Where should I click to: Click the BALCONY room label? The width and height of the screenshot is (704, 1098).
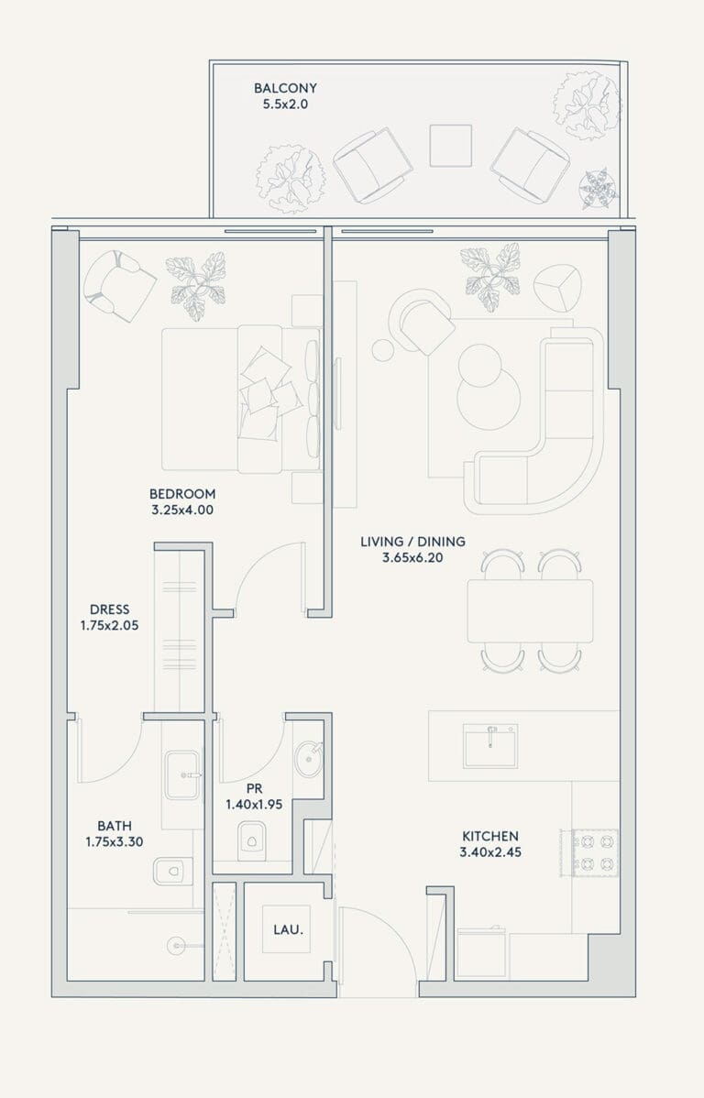(285, 88)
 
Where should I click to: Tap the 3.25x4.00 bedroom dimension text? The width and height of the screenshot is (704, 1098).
(182, 510)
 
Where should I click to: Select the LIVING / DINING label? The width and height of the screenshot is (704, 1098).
(412, 542)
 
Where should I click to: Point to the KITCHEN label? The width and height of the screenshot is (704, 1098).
(490, 835)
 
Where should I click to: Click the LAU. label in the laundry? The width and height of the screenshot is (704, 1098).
(288, 930)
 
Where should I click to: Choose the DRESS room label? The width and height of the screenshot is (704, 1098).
(109, 609)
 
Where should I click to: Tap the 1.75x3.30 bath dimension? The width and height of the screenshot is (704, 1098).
(115, 841)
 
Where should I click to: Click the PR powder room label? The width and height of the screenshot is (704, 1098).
(254, 788)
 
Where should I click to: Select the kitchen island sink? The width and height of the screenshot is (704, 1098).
(490, 746)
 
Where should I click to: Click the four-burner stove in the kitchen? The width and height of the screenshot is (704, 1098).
(595, 852)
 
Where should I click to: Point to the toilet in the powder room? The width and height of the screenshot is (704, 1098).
(250, 839)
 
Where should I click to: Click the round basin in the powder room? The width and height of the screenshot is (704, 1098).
(309, 759)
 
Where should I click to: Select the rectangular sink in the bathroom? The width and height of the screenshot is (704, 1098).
(182, 775)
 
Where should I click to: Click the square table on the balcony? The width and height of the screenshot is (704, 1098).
(450, 146)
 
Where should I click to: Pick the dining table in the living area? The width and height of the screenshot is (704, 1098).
(530, 610)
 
